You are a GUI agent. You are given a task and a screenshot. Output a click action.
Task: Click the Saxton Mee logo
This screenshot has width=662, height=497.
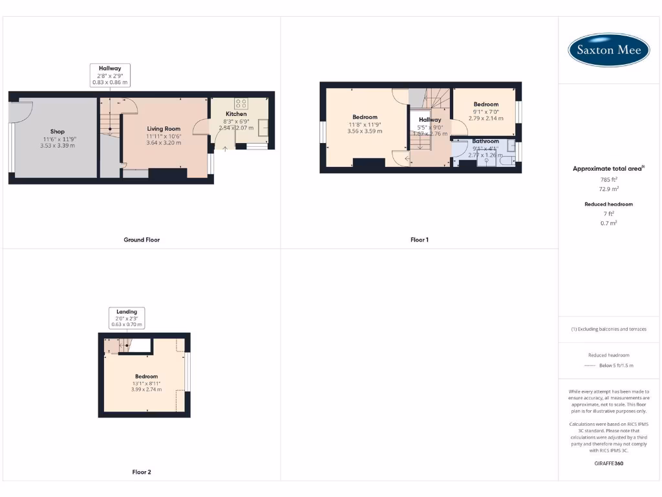[x=608, y=50]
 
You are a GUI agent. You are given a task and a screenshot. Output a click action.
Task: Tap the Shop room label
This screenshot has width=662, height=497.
[x=58, y=132]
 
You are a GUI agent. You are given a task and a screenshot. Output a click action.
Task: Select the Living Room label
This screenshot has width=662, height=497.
[x=164, y=129]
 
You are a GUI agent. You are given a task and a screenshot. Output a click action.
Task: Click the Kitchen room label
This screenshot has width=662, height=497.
[x=236, y=114]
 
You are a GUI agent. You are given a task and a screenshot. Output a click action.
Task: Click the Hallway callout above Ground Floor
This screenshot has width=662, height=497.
[x=110, y=75]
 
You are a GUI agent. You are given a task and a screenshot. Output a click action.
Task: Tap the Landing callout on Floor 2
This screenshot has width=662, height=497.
[x=127, y=318]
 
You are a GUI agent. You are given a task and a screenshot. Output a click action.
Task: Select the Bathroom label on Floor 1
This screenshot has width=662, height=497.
[x=486, y=141]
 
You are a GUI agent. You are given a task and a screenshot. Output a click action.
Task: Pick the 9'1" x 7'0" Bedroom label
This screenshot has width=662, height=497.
[x=486, y=104]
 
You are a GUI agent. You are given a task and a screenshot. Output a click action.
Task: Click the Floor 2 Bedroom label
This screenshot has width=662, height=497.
[x=146, y=377]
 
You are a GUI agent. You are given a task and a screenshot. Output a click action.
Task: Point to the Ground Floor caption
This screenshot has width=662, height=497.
[x=142, y=240]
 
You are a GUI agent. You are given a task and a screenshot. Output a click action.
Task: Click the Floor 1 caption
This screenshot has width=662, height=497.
[x=420, y=240]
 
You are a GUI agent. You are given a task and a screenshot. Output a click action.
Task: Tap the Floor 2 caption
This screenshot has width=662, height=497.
[x=142, y=472]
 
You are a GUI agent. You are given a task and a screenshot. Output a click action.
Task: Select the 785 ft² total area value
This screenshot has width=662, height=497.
[x=608, y=179]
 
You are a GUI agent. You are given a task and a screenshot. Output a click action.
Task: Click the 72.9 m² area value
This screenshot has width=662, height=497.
[x=608, y=189]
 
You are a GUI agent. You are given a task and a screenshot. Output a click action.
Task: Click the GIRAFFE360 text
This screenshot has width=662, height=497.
[x=608, y=463]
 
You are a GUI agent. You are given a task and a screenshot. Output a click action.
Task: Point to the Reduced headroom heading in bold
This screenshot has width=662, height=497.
[x=608, y=204]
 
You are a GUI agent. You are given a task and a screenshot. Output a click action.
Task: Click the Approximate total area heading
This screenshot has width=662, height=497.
[x=608, y=169]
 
